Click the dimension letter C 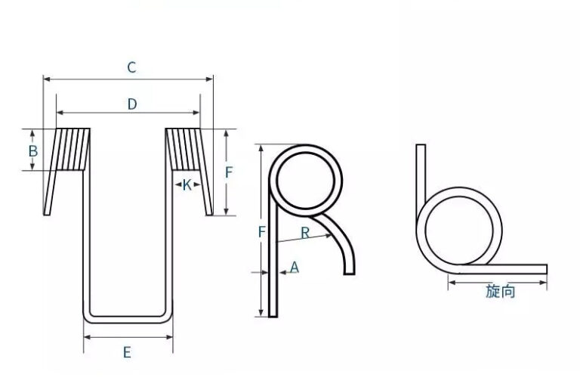point(131,68)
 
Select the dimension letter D point(131,104)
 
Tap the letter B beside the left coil point(32,151)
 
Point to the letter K point(187,184)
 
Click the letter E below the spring point(127,351)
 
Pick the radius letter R point(305,233)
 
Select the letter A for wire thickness point(295,267)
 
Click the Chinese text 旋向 point(500,291)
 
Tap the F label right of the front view point(229,172)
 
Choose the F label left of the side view point(262,232)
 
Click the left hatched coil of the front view point(72,149)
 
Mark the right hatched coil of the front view point(184,149)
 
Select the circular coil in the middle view point(308,179)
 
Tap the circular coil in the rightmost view point(463,230)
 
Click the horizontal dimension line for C point(91,78)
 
